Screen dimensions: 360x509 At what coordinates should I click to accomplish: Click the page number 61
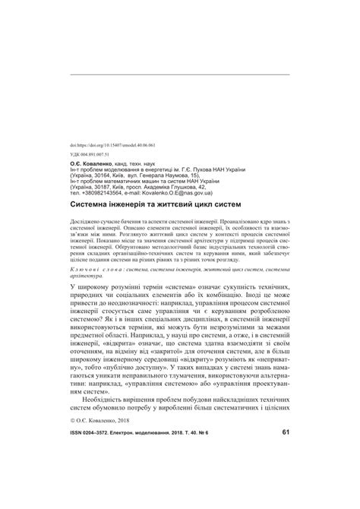point(285,475)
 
